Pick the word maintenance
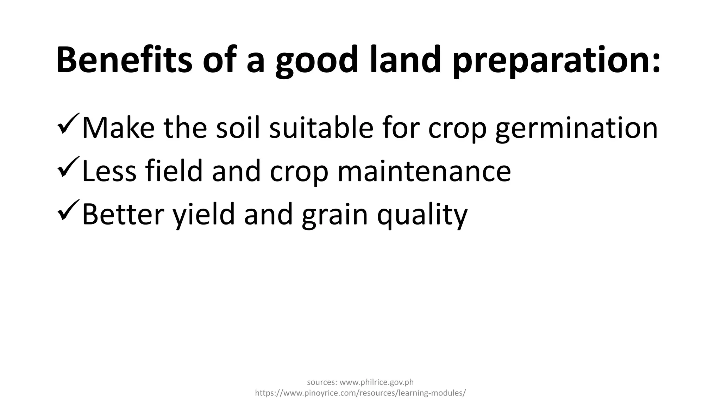424,171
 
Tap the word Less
109,171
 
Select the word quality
422,215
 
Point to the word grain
334,215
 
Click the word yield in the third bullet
203,215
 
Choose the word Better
123,214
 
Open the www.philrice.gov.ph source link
376,382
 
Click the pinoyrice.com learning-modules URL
360,393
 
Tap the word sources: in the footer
322,382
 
